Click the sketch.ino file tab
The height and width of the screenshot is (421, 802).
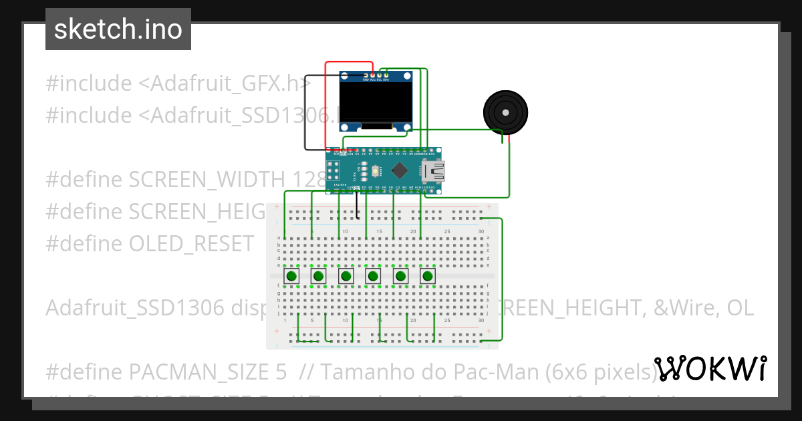pos(118,29)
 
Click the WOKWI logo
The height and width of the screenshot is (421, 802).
pos(710,369)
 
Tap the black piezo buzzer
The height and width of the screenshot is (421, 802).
pos(505,110)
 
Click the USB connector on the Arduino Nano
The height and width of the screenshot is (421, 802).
pos(434,171)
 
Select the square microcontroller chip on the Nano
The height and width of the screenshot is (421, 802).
pos(400,170)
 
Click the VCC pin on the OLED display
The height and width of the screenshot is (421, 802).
pos(372,74)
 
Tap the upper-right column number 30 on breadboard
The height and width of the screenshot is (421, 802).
pos(481,231)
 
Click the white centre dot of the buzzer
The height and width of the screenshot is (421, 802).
pos(505,110)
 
